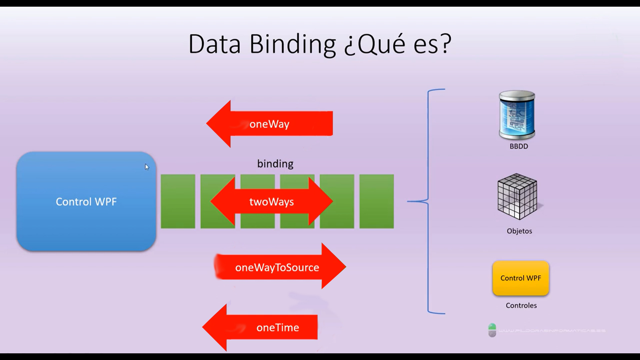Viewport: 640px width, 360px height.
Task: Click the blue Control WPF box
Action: (x=86, y=201)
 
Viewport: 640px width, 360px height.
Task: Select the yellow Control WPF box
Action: (x=521, y=278)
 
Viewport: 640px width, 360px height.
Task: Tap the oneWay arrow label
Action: (x=269, y=124)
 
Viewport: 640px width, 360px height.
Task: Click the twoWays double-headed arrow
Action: (x=271, y=202)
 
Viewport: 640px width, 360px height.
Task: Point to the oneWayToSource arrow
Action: (x=277, y=267)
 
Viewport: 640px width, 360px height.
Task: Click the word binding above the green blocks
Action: (x=275, y=164)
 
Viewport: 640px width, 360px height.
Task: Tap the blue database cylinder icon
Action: (x=517, y=115)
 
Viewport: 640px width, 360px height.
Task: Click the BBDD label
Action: (x=519, y=146)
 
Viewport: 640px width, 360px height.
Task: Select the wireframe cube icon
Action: (x=517, y=196)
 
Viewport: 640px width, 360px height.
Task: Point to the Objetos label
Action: (x=519, y=231)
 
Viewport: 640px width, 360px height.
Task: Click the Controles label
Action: (x=521, y=305)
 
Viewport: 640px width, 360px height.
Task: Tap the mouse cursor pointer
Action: (x=147, y=167)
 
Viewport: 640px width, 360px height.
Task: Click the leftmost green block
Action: (x=178, y=201)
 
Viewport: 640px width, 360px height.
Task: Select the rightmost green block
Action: (x=377, y=201)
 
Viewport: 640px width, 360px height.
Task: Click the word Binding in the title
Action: (x=292, y=44)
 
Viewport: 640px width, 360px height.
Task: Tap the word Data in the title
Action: (x=214, y=44)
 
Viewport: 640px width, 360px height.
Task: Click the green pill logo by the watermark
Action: (x=492, y=330)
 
